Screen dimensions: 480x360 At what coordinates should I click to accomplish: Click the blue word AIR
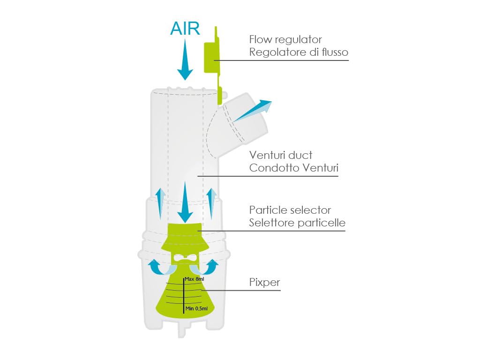[x=185, y=29]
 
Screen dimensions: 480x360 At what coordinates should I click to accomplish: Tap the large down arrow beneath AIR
[x=185, y=60]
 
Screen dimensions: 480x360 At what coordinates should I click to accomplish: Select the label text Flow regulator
[x=285, y=39]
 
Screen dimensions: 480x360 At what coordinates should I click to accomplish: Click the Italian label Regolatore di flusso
[x=299, y=52]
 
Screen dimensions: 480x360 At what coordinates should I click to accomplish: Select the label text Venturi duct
[x=281, y=155]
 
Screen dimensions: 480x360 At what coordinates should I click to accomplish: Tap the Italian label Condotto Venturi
[x=293, y=168]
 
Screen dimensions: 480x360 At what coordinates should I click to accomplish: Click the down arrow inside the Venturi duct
[x=185, y=202]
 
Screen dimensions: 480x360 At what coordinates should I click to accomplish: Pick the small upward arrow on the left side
[x=160, y=203]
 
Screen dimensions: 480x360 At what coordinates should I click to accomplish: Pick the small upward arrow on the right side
[x=211, y=203]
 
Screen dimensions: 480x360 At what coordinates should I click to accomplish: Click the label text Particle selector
[x=290, y=210]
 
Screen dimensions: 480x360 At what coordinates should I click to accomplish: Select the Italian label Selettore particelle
[x=297, y=223]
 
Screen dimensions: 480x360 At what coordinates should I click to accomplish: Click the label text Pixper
[x=264, y=282]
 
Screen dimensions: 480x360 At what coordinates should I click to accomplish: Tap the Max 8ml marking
[x=195, y=279]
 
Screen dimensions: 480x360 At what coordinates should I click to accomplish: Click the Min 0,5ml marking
[x=196, y=308]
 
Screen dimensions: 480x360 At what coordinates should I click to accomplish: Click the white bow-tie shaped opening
[x=185, y=258]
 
